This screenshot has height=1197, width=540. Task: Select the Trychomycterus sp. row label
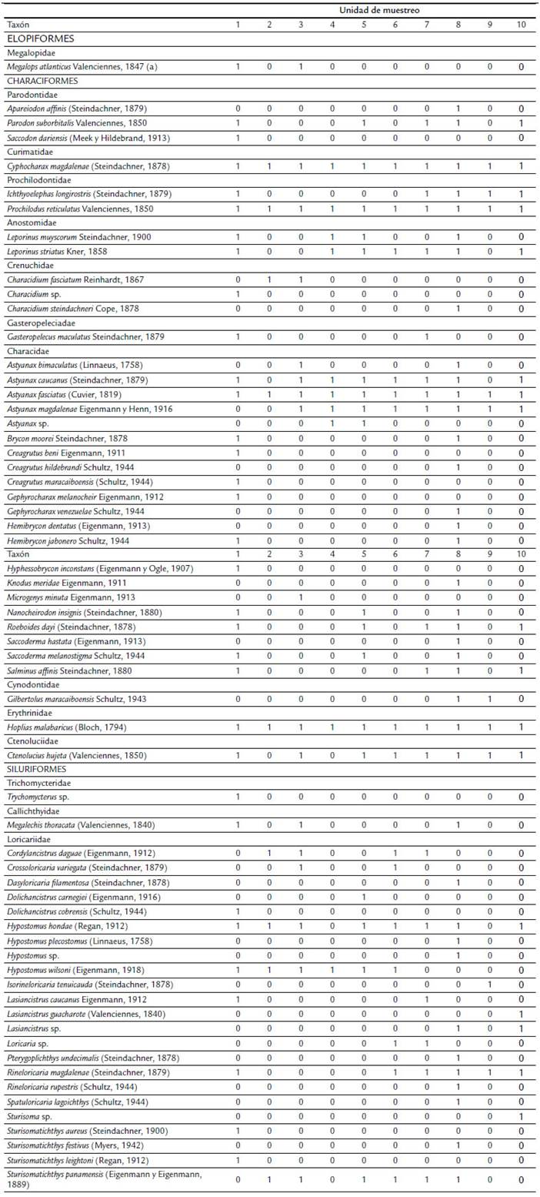(x=47, y=797)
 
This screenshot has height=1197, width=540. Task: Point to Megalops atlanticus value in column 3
(x=301, y=67)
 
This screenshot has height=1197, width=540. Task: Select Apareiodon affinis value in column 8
(x=458, y=109)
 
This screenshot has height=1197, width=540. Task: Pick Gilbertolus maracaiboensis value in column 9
(x=489, y=698)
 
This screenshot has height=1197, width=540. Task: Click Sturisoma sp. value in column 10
(x=522, y=1116)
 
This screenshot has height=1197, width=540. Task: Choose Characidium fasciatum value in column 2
(x=269, y=279)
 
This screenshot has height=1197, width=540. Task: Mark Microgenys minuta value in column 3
(x=301, y=597)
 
